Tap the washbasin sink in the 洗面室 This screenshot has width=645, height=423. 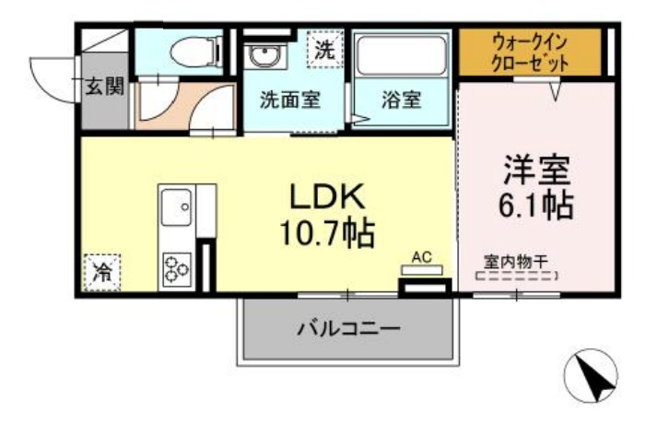pos(263,55)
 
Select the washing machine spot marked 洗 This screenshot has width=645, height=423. pos(325,50)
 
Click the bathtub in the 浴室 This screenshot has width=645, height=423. pos(402,55)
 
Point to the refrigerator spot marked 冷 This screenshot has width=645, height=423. pos(102,273)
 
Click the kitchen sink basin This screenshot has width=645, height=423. pos(176,207)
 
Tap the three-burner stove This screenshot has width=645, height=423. pos(177,270)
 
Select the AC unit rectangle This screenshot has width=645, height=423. pos(422,270)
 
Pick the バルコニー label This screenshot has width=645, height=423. pos(348,329)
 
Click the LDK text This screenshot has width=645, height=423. pos(327,196)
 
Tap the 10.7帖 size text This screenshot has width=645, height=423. pos(327,233)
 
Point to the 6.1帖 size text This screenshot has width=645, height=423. pos(536,205)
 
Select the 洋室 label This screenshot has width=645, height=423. pos(537,170)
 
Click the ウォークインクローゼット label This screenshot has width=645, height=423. pos(530,53)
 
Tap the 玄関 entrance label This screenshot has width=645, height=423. pos(104,87)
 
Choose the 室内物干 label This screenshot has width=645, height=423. pos(516,262)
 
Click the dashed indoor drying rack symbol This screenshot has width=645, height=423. pos(517,276)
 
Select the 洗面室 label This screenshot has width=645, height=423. pos(290,100)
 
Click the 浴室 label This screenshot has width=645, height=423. pos(401,100)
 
